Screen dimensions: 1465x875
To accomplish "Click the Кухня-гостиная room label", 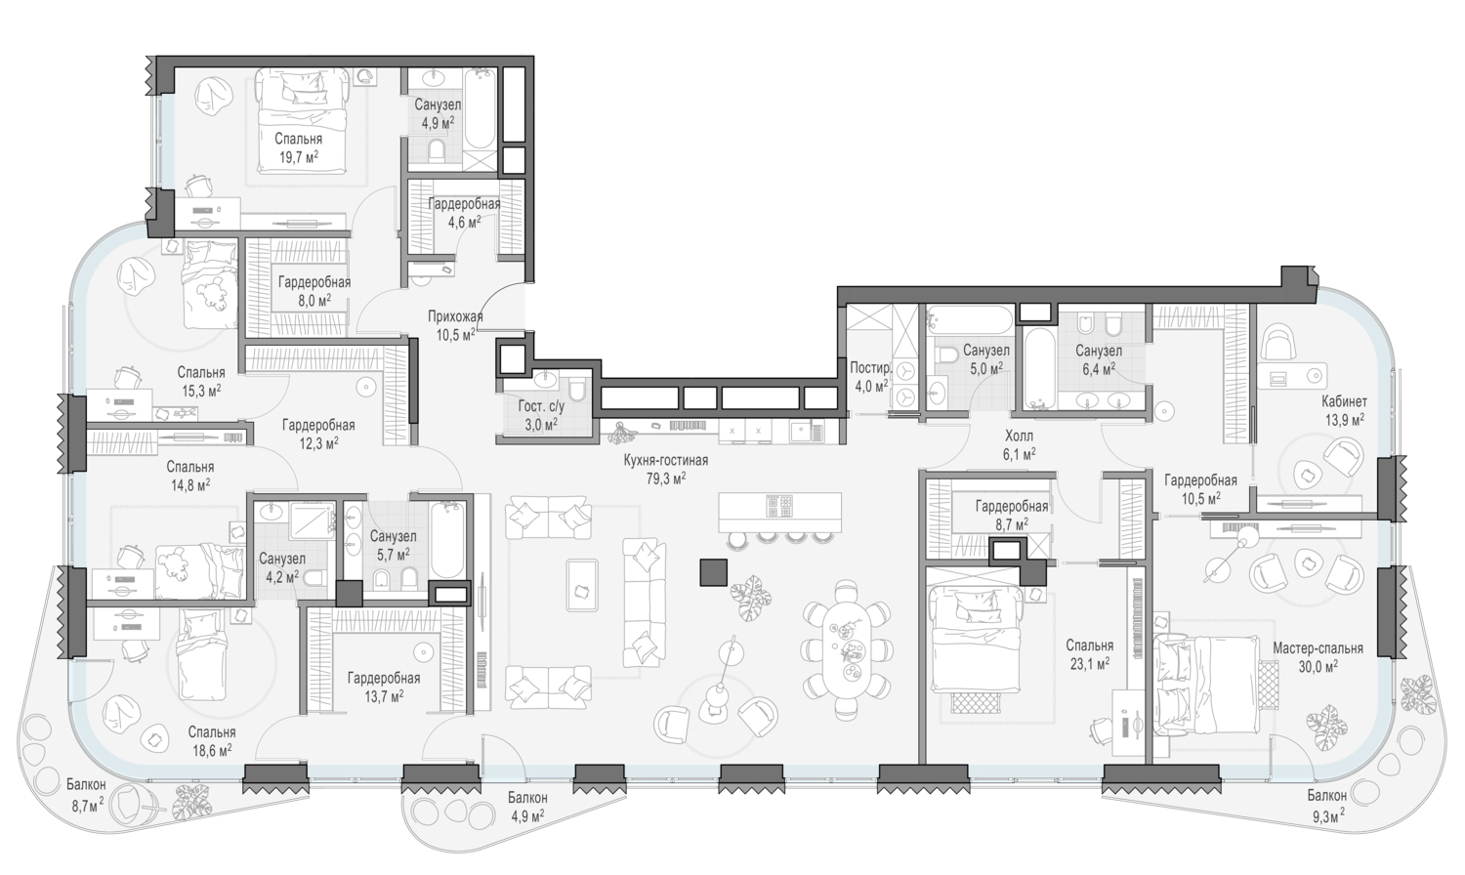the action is pyautogui.click(x=666, y=460).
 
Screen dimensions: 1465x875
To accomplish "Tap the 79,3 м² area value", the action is pyautogui.click(x=666, y=479).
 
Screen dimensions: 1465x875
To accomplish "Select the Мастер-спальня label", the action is pyautogui.click(x=1318, y=648).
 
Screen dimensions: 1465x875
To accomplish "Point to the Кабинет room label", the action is pyautogui.click(x=1344, y=401).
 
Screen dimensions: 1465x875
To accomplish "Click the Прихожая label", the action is pyautogui.click(x=455, y=317).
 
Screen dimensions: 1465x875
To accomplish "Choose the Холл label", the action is pyautogui.click(x=1020, y=436).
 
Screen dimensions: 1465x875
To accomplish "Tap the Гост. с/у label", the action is pyautogui.click(x=541, y=406).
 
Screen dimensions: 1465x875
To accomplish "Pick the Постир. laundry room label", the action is pyautogui.click(x=869, y=368).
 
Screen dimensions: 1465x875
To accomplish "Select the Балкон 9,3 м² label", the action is pyautogui.click(x=1327, y=805).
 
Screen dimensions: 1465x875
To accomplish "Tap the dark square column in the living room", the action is pyautogui.click(x=714, y=571).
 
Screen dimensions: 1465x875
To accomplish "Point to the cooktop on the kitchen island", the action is pyautogui.click(x=780, y=506).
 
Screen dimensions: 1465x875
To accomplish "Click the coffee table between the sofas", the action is pyautogui.click(x=581, y=585).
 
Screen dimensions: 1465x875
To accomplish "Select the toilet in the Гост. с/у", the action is pyautogui.click(x=577, y=391).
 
